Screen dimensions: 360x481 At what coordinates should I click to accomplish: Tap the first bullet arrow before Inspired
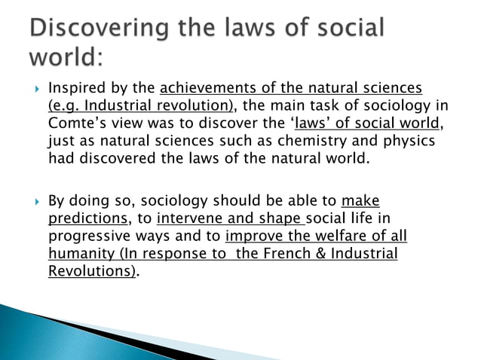click(x=31, y=90)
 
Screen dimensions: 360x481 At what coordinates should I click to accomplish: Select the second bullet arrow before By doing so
click(x=31, y=202)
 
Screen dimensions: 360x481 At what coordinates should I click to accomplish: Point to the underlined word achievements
click(x=207, y=90)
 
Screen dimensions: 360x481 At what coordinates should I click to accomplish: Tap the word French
click(x=288, y=254)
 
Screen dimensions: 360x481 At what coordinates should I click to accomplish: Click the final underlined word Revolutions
click(x=91, y=271)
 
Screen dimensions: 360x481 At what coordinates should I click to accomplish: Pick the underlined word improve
click(x=253, y=236)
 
